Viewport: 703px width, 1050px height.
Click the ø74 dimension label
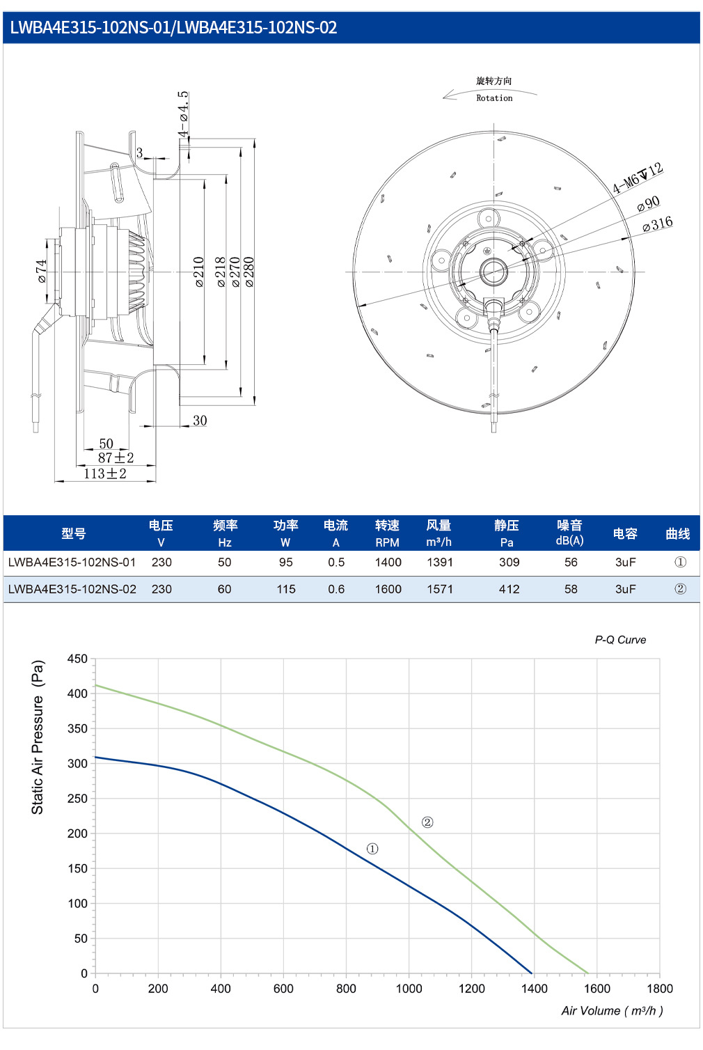pyautogui.click(x=42, y=272)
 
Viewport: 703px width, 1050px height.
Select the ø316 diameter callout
pyautogui.click(x=657, y=224)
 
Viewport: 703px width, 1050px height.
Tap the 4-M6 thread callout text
pyautogui.click(x=638, y=178)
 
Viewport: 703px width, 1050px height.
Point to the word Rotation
pyautogui.click(x=494, y=98)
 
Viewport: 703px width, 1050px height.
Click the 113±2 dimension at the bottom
pyautogui.click(x=105, y=473)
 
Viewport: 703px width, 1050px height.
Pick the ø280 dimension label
pyautogui.click(x=249, y=272)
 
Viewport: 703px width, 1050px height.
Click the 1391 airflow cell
pyautogui.click(x=440, y=562)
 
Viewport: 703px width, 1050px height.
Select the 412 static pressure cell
pyautogui.click(x=509, y=589)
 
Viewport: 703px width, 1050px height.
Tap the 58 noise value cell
pyautogui.click(x=570, y=589)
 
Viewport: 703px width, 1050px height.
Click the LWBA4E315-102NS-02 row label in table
pyautogui.click(x=72, y=589)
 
